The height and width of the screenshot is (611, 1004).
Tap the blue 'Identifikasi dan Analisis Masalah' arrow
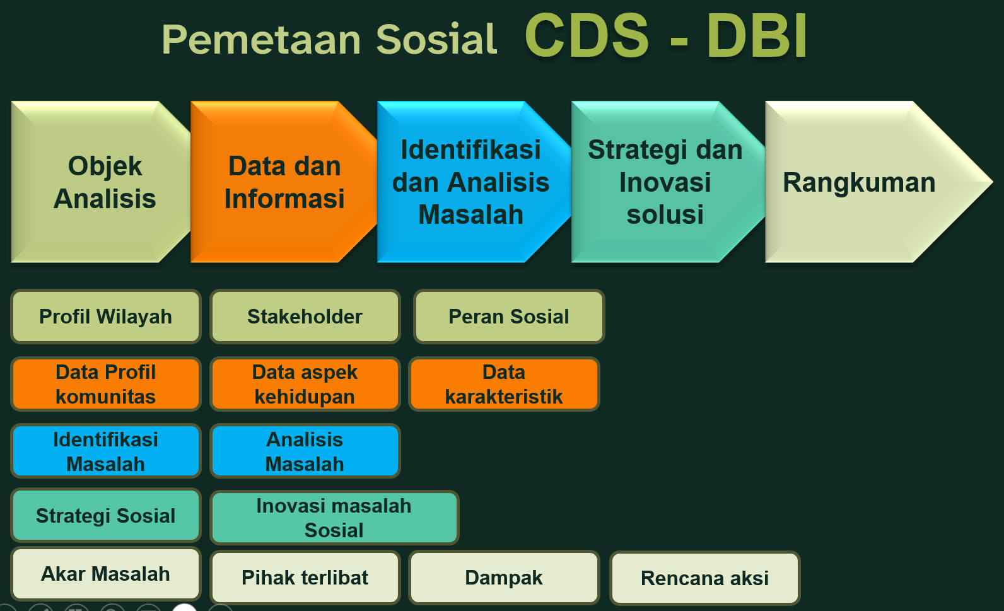(470, 182)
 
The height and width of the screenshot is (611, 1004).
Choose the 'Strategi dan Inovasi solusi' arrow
(665, 182)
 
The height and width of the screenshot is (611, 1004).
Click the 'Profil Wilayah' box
(106, 317)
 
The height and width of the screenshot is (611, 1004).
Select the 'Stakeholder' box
(305, 317)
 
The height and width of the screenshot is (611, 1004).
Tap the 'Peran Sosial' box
(509, 317)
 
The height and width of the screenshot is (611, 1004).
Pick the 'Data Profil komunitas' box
(106, 384)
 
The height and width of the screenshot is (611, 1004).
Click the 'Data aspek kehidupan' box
(305, 384)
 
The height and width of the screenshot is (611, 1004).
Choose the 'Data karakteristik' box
(504, 384)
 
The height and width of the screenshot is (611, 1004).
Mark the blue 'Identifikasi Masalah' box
(106, 451)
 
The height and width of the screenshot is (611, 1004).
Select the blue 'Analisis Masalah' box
(305, 451)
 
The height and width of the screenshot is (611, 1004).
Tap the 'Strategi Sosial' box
(106, 516)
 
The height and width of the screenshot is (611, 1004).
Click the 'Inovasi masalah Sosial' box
(334, 518)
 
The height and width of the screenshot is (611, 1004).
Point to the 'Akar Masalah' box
(106, 574)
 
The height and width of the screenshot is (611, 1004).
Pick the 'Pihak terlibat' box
(305, 578)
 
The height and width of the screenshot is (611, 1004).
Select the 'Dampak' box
(504, 578)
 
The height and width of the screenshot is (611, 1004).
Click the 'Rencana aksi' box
(704, 578)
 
